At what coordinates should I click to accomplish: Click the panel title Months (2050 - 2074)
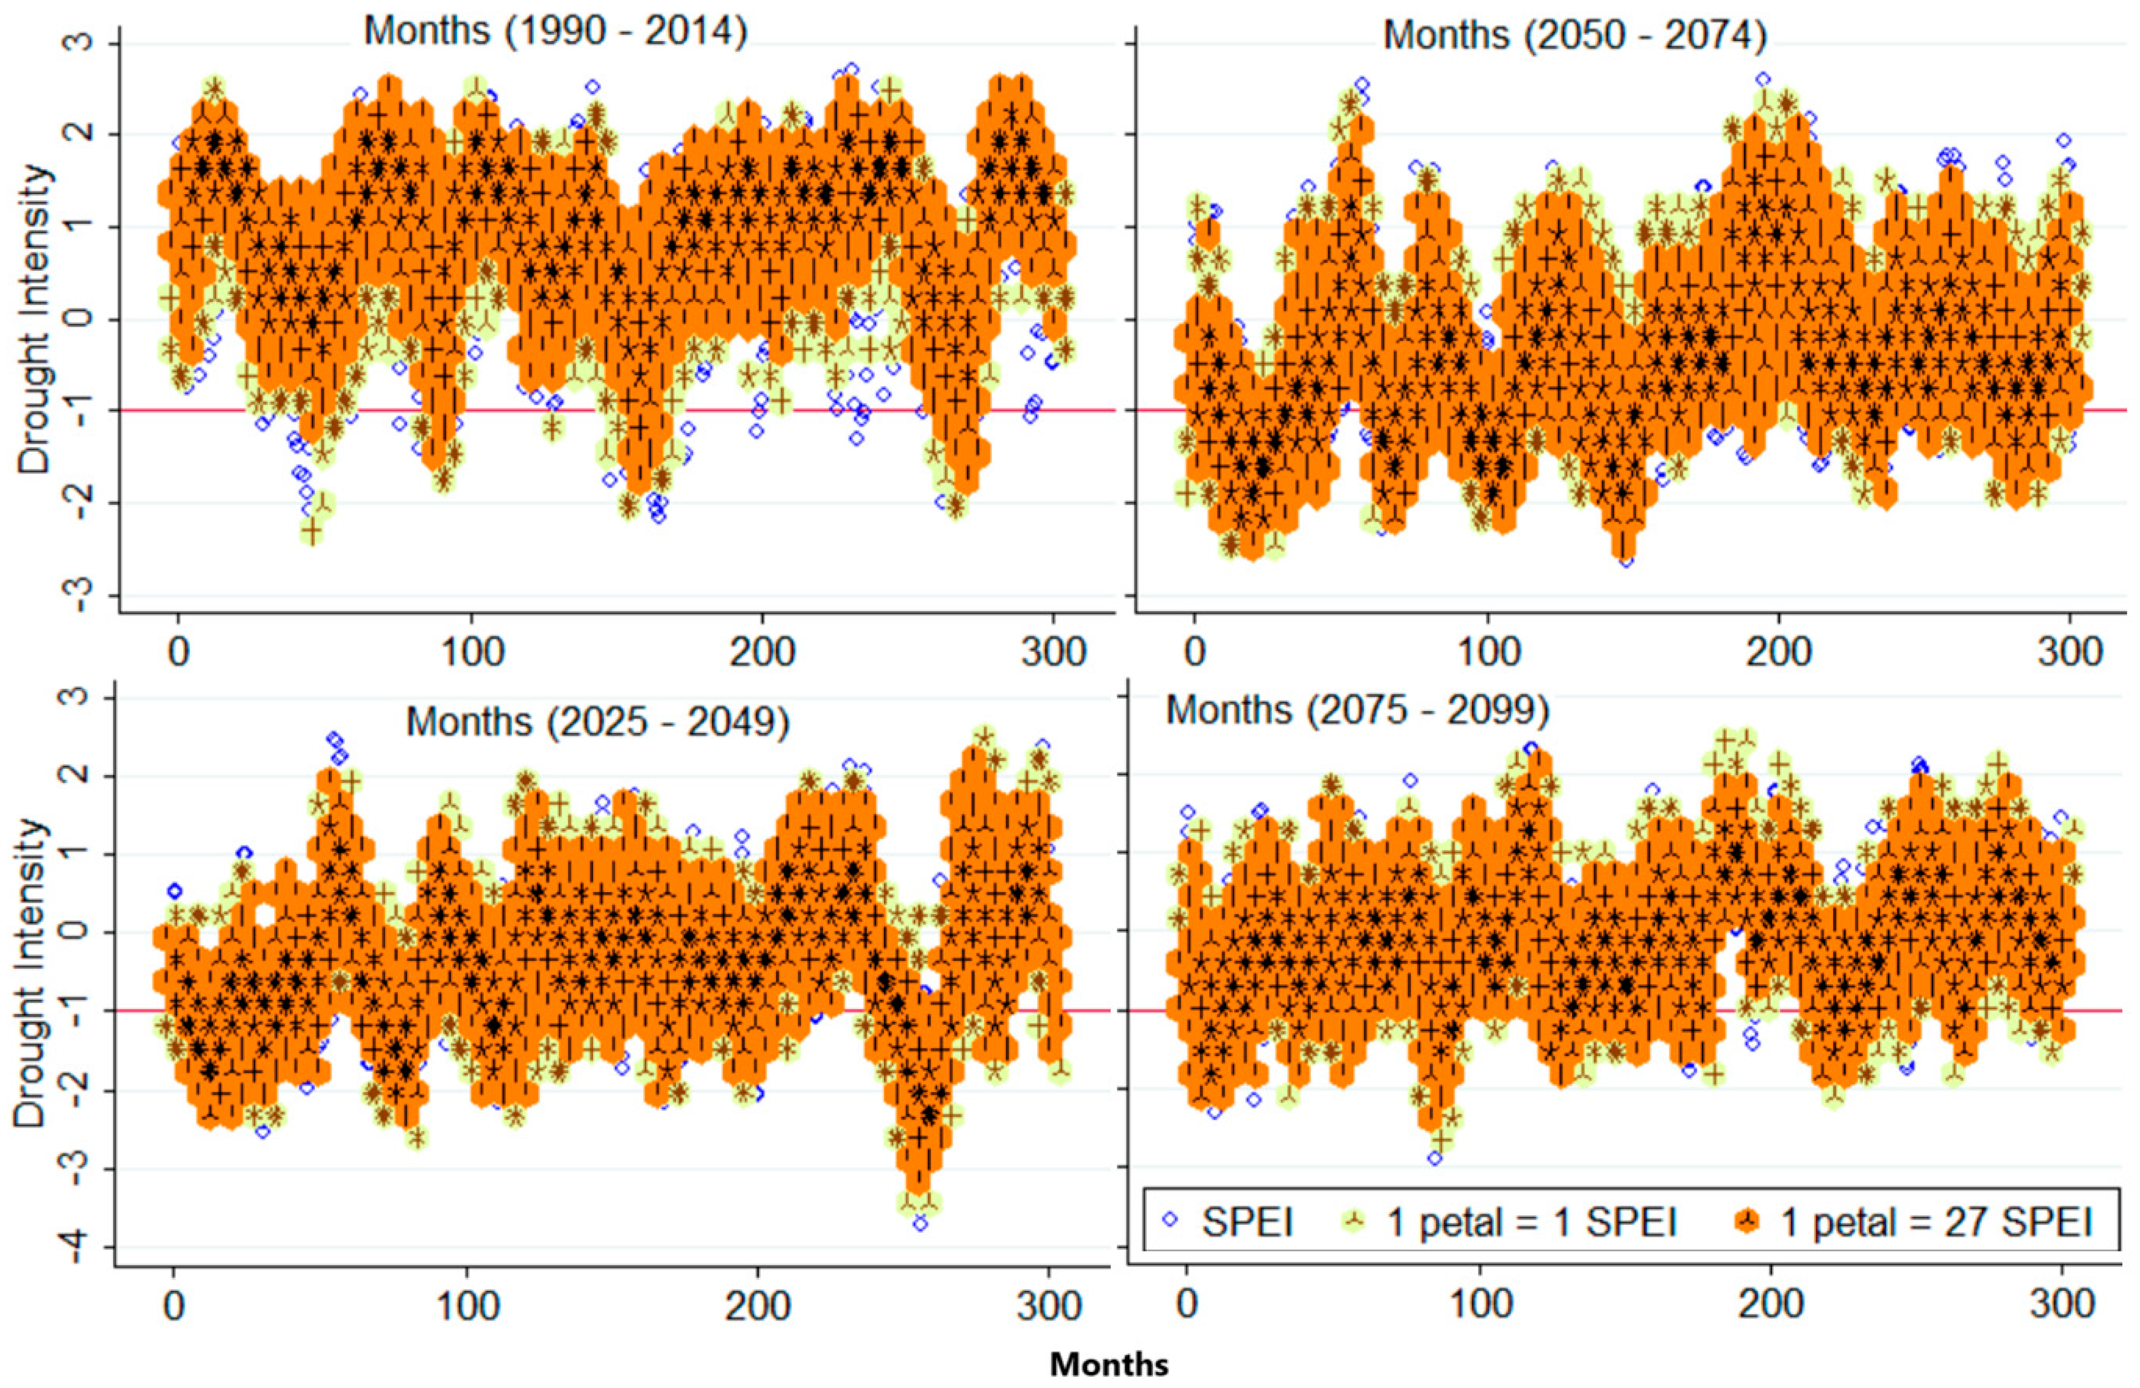1574,36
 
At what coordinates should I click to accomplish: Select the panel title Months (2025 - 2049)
598,722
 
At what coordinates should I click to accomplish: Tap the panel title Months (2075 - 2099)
1358,710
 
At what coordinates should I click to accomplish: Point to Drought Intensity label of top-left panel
34,319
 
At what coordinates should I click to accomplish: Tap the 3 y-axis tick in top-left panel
83,43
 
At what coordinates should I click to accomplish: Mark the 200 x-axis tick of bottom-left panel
757,1305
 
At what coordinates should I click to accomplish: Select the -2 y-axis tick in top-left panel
83,503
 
